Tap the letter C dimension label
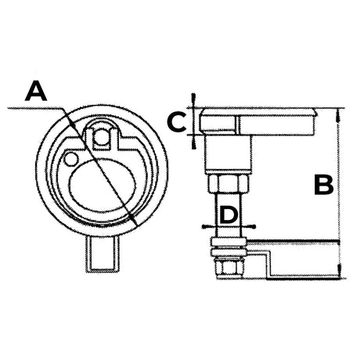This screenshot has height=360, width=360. point(178,121)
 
